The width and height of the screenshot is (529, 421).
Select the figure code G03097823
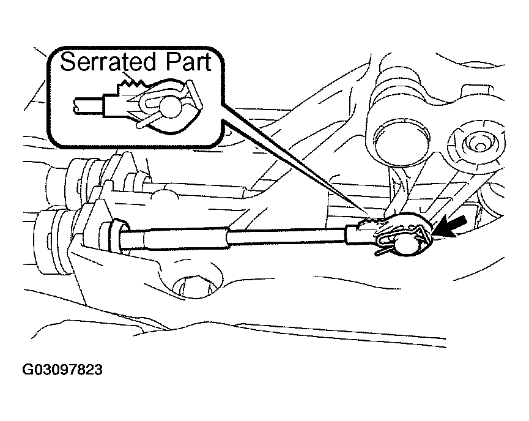point(62,370)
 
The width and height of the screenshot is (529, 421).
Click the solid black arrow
point(450,226)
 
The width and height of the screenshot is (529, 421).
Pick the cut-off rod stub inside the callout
point(89,106)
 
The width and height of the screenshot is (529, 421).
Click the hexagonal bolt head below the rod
point(194,287)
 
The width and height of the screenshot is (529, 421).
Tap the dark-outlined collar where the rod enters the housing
point(119,236)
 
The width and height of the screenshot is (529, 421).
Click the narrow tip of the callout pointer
point(367,213)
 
